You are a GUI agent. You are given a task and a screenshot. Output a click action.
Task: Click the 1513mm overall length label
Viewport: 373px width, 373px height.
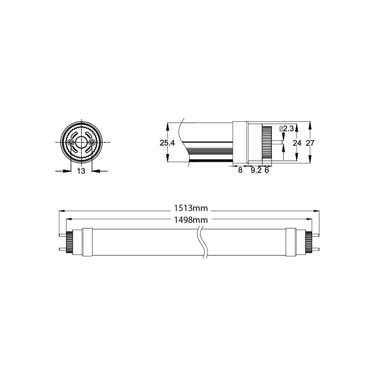click(x=191, y=208)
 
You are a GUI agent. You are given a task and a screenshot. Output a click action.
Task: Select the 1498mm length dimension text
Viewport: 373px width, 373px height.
click(x=191, y=220)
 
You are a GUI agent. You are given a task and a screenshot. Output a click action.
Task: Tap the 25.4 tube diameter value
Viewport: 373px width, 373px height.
click(x=167, y=143)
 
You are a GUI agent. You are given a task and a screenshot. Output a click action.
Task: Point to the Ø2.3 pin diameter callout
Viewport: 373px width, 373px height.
click(x=286, y=129)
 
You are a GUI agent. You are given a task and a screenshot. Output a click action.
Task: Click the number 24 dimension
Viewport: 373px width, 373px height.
click(x=297, y=143)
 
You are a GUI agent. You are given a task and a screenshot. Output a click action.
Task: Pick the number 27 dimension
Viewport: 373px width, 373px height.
click(x=310, y=143)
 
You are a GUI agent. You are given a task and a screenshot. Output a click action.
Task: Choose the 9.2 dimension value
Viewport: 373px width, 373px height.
click(x=256, y=170)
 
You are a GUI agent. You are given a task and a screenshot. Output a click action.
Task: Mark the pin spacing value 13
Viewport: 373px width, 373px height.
click(x=81, y=171)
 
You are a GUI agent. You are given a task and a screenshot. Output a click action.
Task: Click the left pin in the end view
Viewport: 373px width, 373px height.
click(x=70, y=142)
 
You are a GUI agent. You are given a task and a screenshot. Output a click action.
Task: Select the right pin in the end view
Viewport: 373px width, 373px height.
click(x=92, y=142)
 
